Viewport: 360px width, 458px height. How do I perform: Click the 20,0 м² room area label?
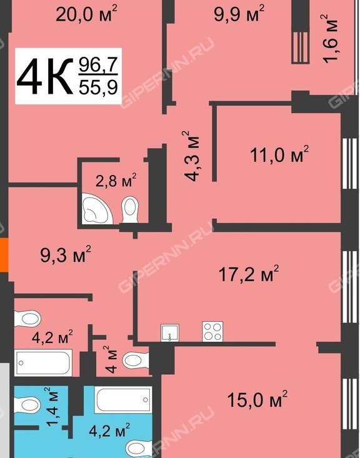pyautogui.click(x=86, y=14)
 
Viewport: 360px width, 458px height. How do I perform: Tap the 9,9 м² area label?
pyautogui.click(x=239, y=14)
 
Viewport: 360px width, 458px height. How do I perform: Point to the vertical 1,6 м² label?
pyautogui.click(x=331, y=38)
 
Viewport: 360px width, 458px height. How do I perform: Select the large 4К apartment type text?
pyautogui.click(x=45, y=76)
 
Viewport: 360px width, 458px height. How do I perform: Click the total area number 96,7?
pyautogui.click(x=98, y=65)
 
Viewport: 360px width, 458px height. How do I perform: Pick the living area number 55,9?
pyautogui.click(x=98, y=87)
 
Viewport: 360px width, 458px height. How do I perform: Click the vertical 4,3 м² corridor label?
pyautogui.click(x=191, y=156)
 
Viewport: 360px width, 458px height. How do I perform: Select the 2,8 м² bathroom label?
pyautogui.click(x=116, y=181)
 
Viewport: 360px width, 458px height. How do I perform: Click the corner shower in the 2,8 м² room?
pyautogui.click(x=96, y=209)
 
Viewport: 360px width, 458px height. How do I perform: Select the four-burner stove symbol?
pyautogui.click(x=212, y=332)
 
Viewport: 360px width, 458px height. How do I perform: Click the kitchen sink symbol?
pyautogui.click(x=170, y=332)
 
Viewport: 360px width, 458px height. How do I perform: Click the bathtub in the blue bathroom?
pyautogui.click(x=123, y=400)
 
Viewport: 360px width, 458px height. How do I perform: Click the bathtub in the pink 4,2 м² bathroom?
pyautogui.click(x=43, y=363)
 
